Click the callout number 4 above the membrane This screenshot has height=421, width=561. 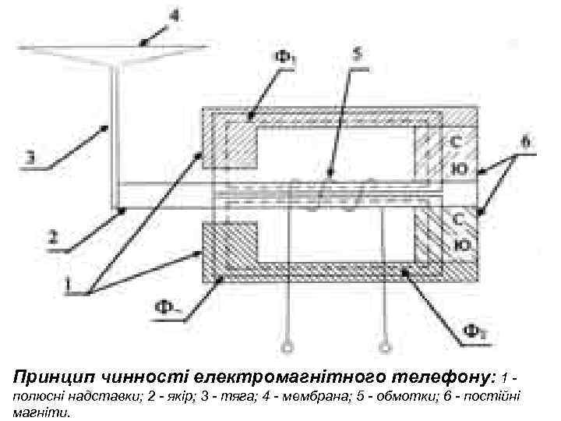pyautogui.click(x=174, y=13)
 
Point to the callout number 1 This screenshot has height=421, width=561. pyautogui.click(x=70, y=286)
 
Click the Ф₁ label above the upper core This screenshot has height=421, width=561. pyautogui.click(x=281, y=58)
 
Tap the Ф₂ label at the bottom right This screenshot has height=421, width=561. pyautogui.click(x=476, y=331)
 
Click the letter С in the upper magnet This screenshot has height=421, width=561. pyautogui.click(x=456, y=143)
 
